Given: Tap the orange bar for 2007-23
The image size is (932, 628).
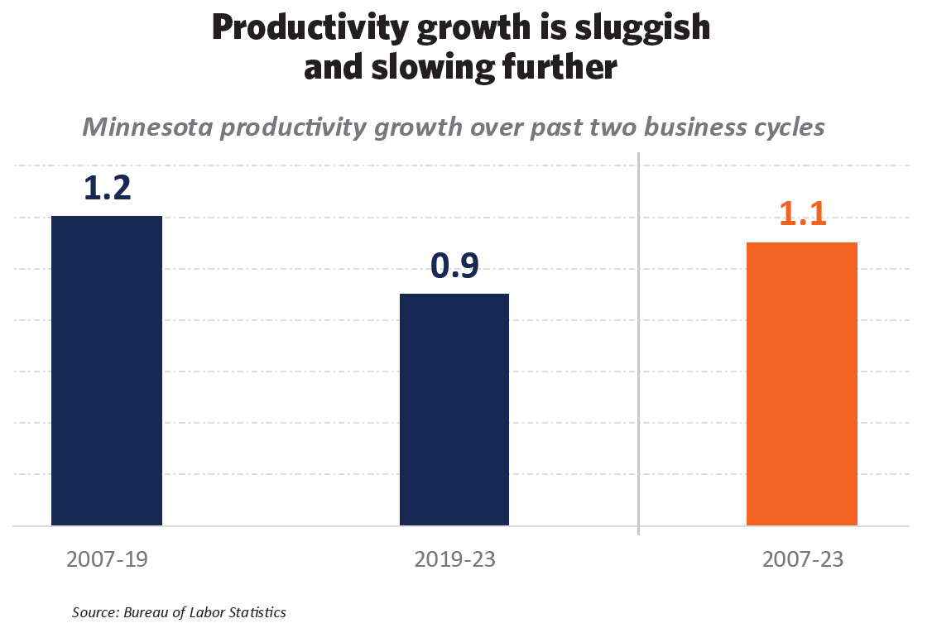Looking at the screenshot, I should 801,384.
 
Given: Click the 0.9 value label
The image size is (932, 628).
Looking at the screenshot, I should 454,266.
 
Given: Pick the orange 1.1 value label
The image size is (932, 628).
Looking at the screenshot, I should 803,214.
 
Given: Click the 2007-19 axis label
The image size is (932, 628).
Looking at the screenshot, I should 108,559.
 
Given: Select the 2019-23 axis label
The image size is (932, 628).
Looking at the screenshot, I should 454,559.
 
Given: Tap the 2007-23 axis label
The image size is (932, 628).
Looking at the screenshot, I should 803,559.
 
